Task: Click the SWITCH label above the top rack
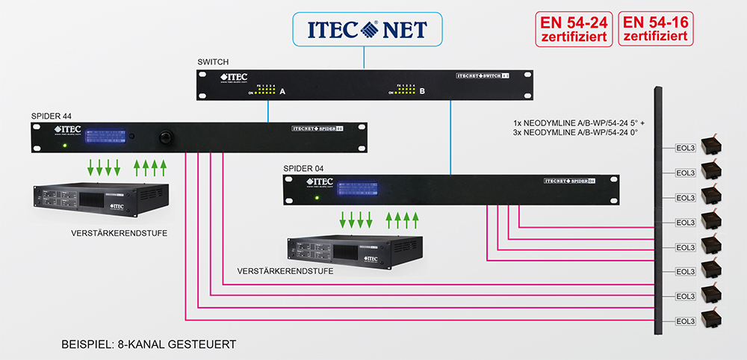pyautogui.click(x=213, y=61)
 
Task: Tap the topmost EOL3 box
pyautogui.click(x=684, y=149)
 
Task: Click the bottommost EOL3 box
pyautogui.click(x=684, y=321)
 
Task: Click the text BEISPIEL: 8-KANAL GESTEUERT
pyautogui.click(x=149, y=345)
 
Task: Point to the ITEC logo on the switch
pyautogui.click(x=233, y=78)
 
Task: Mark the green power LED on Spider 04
pyautogui.click(x=317, y=198)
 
